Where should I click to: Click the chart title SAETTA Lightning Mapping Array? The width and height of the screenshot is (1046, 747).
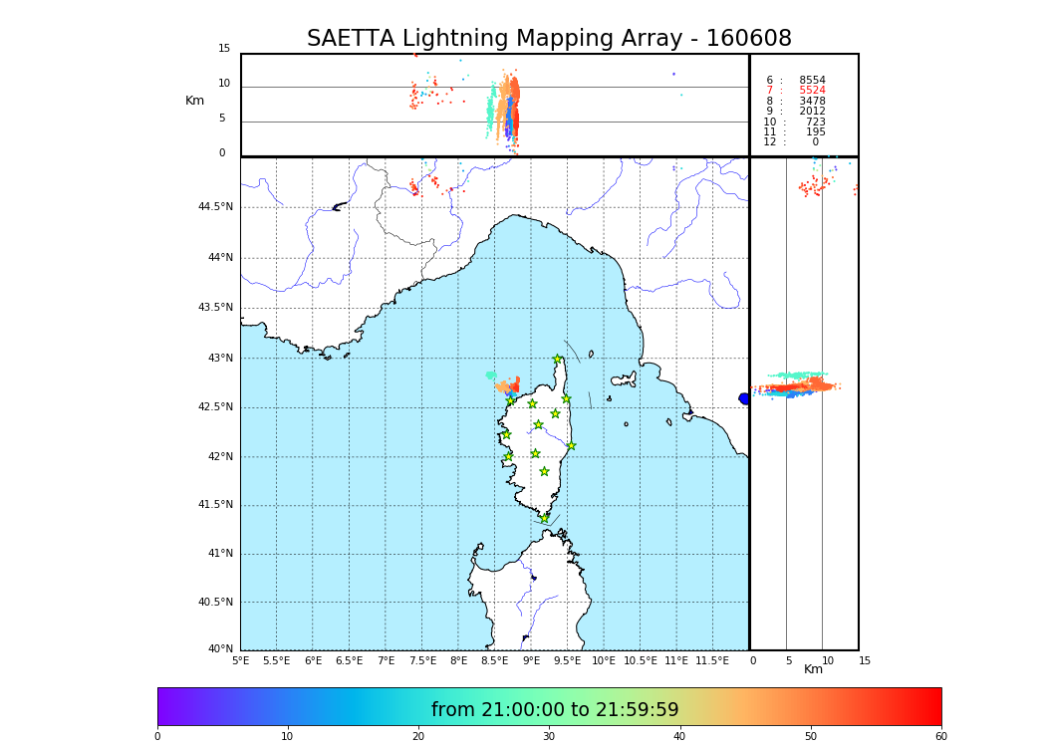pyautogui.click(x=549, y=39)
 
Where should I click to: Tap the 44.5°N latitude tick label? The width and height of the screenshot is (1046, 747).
pyautogui.click(x=214, y=207)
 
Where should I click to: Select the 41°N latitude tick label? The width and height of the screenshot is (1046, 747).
pyautogui.click(x=219, y=554)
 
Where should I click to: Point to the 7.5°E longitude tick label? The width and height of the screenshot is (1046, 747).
pyautogui.click(x=422, y=660)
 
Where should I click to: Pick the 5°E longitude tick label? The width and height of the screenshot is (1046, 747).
pyautogui.click(x=240, y=660)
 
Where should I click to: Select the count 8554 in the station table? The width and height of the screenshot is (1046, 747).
pyautogui.click(x=812, y=81)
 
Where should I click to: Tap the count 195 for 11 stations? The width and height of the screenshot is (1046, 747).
pyautogui.click(x=815, y=132)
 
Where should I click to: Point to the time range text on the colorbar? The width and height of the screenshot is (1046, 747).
pyautogui.click(x=555, y=710)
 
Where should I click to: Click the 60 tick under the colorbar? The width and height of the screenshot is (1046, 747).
pyautogui.click(x=940, y=737)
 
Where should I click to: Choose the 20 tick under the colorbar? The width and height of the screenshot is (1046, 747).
pyautogui.click(x=418, y=737)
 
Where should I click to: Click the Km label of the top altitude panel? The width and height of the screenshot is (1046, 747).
pyautogui.click(x=194, y=101)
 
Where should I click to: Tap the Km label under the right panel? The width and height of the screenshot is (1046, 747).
pyautogui.click(x=813, y=669)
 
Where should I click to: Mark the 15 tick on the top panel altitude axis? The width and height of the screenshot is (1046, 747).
pyautogui.click(x=224, y=49)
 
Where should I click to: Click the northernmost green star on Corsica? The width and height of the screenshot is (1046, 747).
pyautogui.click(x=558, y=360)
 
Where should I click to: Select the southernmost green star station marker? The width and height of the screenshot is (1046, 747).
pyautogui.click(x=544, y=518)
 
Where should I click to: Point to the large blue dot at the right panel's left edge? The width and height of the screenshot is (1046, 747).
pyautogui.click(x=744, y=398)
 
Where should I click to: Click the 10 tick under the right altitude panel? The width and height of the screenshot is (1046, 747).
pyautogui.click(x=827, y=660)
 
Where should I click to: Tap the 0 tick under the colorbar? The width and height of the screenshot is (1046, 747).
pyautogui.click(x=157, y=737)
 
